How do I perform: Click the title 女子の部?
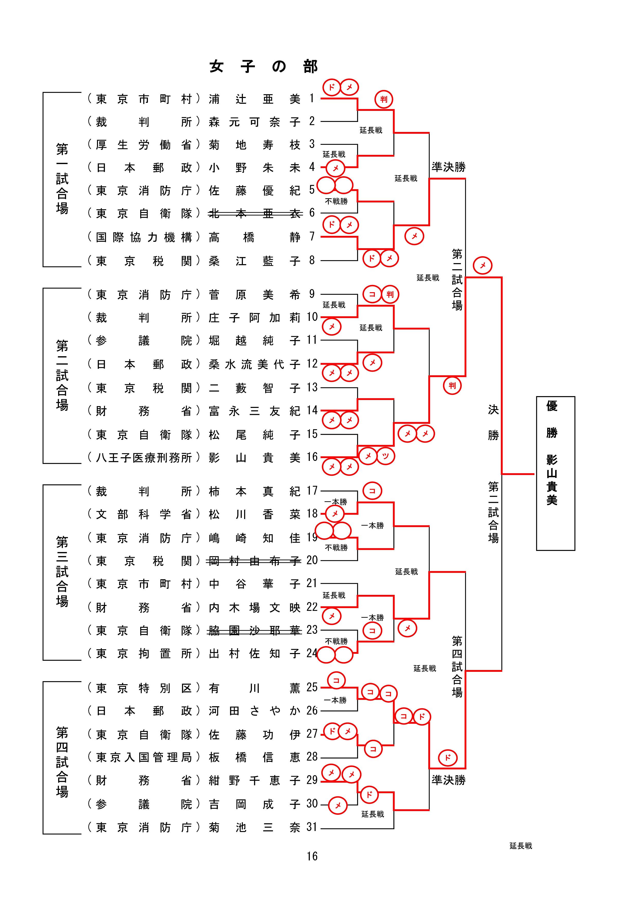(263, 67)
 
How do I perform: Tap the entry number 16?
(312, 457)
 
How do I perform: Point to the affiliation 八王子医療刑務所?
(144, 458)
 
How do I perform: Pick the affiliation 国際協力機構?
(144, 237)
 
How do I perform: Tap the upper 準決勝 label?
(448, 167)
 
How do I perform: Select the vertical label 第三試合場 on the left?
(62, 571)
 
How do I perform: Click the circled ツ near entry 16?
(385, 456)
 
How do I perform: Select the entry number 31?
(312, 827)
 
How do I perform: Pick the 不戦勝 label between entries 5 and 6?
(336, 202)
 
